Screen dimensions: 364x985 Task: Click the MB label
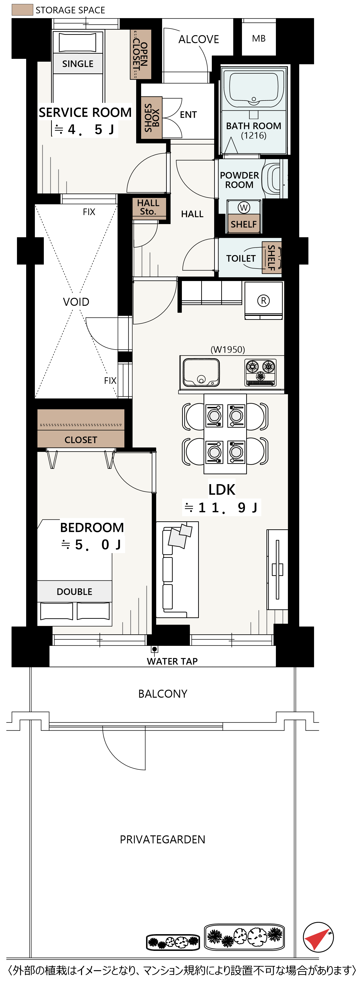259,39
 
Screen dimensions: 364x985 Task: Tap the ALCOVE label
199,39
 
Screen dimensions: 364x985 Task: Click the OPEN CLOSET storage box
140,54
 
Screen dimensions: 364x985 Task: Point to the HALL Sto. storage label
148,207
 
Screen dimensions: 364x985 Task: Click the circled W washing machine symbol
244,207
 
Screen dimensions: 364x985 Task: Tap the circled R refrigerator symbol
263,301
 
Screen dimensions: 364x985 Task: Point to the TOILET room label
241,258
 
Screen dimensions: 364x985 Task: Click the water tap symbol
154,649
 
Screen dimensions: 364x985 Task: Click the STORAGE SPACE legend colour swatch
22,10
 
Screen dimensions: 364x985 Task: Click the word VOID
76,302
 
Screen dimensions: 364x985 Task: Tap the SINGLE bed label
78,64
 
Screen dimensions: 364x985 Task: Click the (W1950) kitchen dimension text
228,350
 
